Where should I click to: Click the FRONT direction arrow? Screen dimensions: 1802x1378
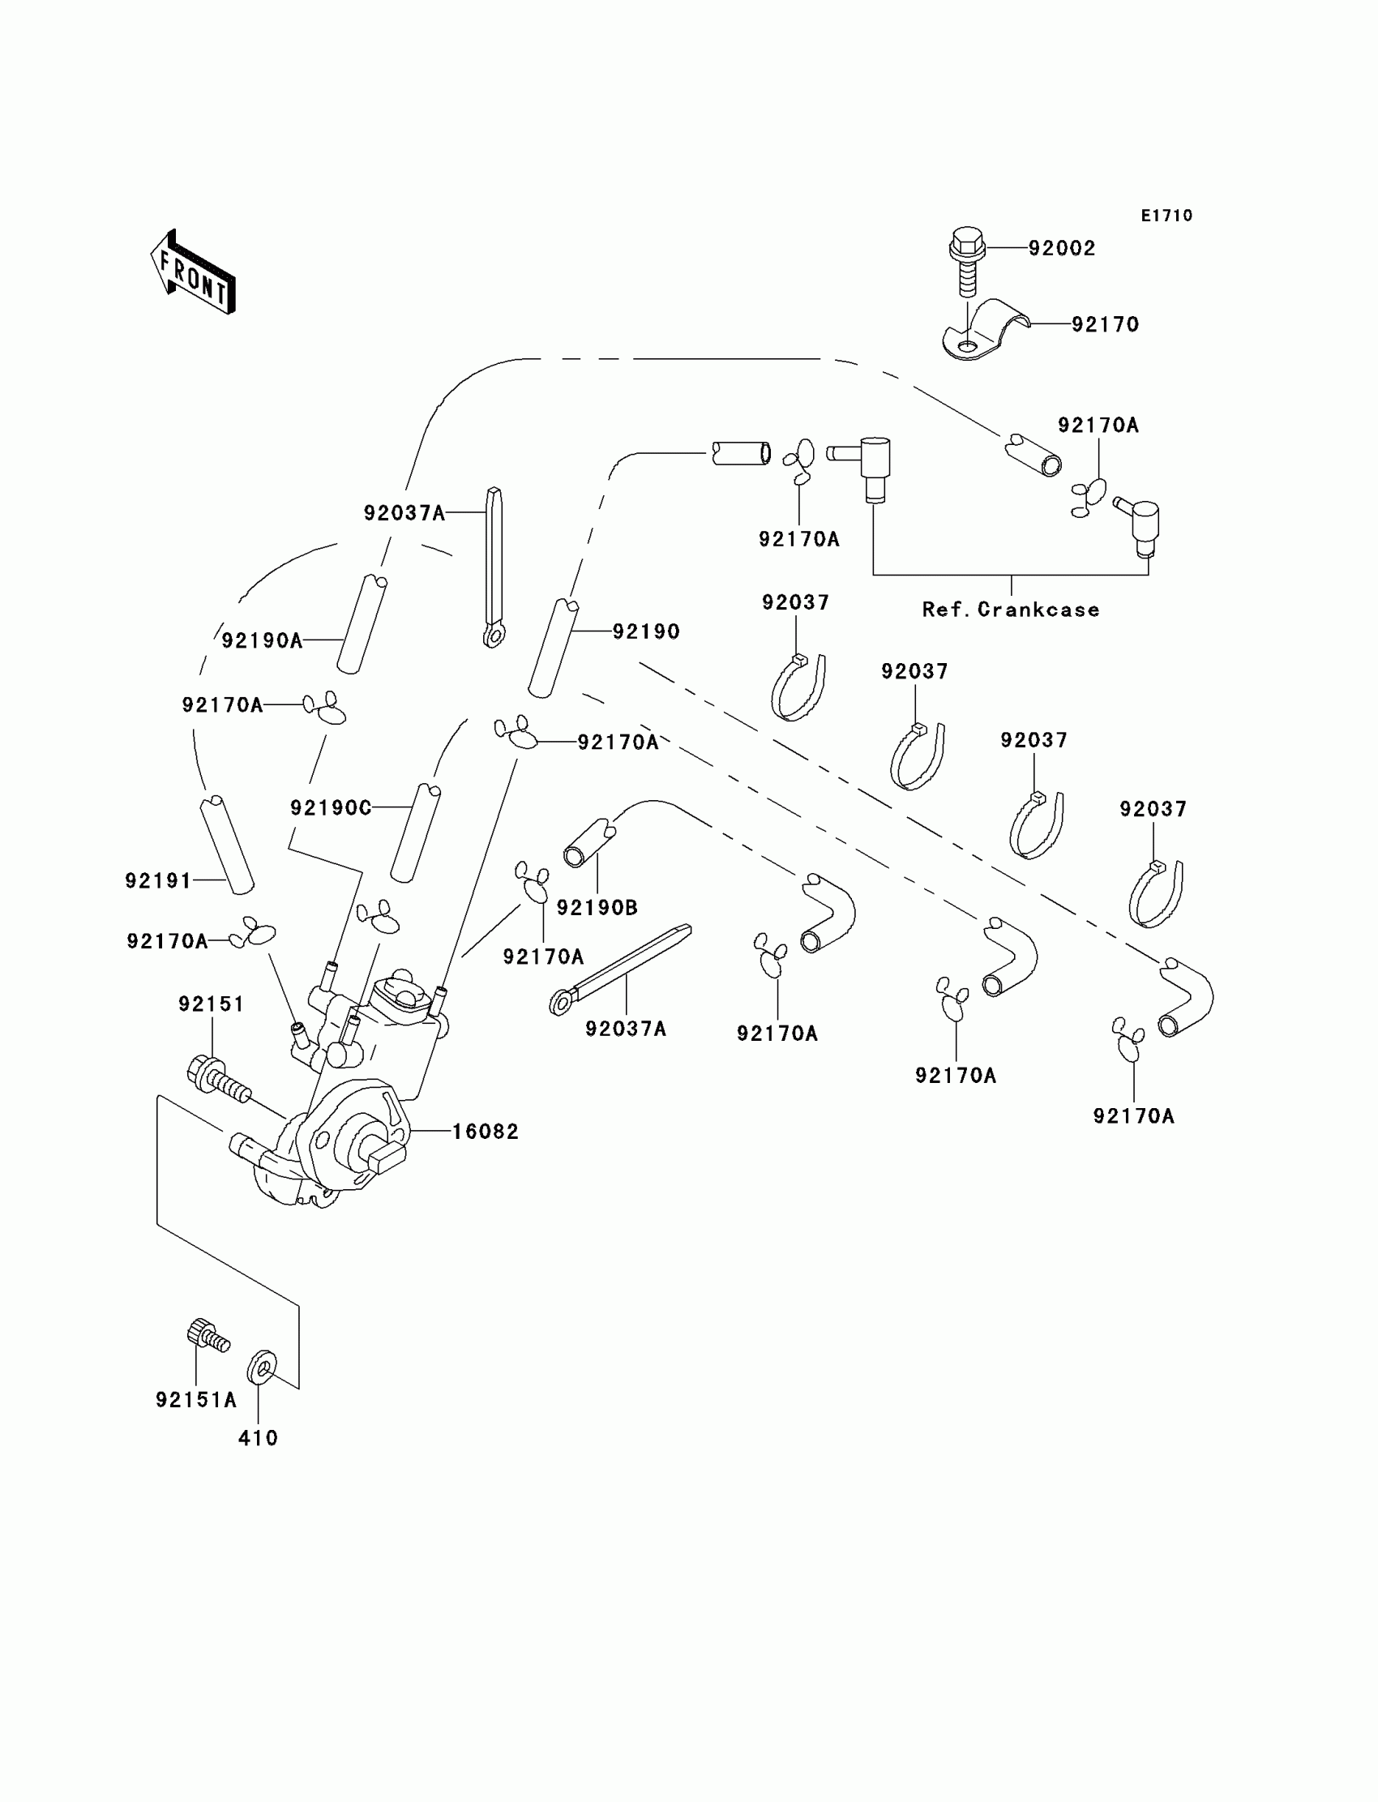(194, 274)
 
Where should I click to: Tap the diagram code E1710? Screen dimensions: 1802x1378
(1166, 216)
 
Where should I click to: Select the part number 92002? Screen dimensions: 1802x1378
(1061, 249)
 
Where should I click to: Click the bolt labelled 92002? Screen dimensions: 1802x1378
(967, 260)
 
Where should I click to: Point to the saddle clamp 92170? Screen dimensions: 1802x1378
(984, 331)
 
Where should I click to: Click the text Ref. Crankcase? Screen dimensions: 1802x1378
(1011, 610)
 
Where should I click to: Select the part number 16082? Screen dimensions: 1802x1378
(486, 1132)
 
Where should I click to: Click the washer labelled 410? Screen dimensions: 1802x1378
(262, 1367)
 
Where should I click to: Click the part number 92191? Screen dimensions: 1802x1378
(158, 881)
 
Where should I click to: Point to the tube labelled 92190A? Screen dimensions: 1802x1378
(362, 624)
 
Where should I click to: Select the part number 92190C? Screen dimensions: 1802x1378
(331, 808)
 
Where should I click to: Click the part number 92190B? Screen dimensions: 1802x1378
(597, 908)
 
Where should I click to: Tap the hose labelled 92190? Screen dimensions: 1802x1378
(553, 648)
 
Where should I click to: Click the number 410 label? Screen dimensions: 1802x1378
(259, 1439)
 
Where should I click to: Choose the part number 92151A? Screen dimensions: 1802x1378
(196, 1400)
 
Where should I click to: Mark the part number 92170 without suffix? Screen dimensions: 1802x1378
(1105, 325)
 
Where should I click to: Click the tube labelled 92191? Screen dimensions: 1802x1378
(227, 845)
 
